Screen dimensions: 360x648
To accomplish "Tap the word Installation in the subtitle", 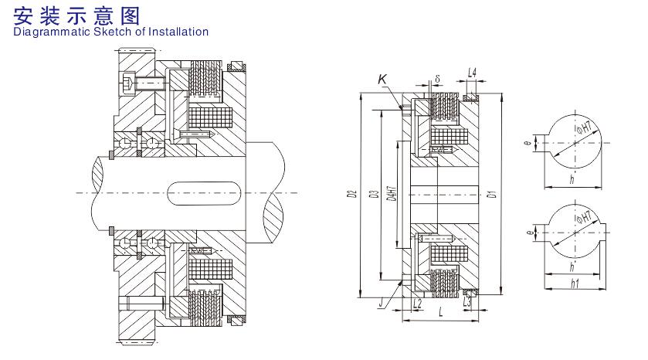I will (x=178, y=32).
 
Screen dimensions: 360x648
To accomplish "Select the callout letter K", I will (x=384, y=80).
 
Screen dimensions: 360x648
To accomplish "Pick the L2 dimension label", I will (x=417, y=304).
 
